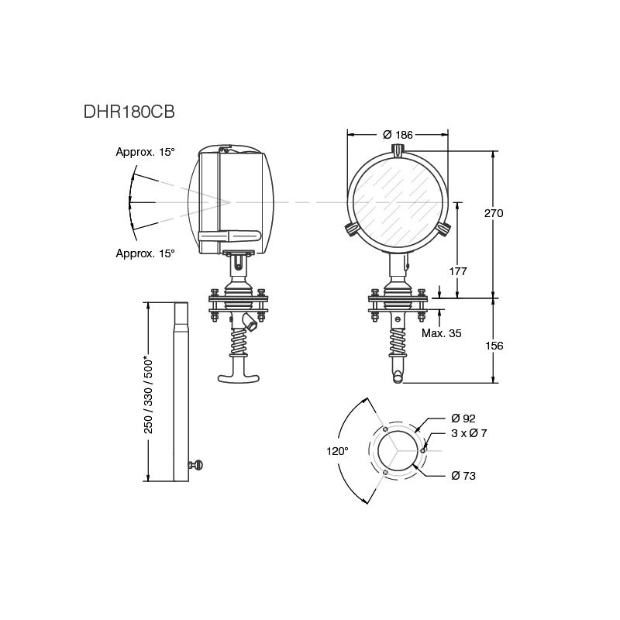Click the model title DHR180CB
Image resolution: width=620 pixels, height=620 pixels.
(129, 112)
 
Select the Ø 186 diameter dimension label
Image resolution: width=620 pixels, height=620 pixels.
(398, 135)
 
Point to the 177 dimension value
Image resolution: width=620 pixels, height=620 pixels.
(458, 270)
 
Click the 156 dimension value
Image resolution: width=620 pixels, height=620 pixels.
(494, 346)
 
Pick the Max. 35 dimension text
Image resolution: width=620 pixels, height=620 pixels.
(442, 333)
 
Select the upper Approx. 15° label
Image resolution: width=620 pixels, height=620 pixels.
(145, 152)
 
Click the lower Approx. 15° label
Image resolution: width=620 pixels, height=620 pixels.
(145, 253)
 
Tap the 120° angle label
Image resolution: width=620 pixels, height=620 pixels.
(336, 450)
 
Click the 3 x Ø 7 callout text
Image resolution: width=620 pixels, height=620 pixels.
(469, 433)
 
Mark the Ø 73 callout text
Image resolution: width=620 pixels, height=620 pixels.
(463, 475)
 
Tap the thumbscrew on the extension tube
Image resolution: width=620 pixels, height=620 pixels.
(195, 465)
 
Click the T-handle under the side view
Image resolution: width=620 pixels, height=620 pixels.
(239, 378)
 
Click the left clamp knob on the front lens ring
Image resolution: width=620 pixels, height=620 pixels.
(351, 229)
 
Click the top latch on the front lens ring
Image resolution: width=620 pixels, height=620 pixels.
(398, 151)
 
